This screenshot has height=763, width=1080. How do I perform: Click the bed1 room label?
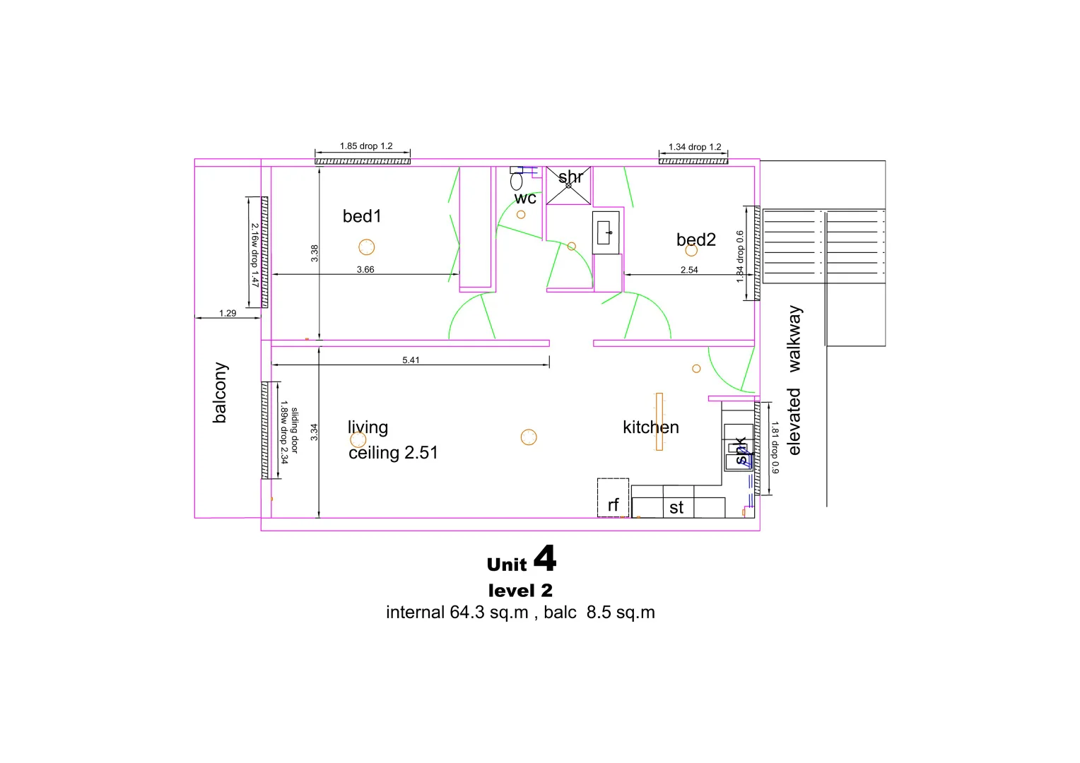(362, 216)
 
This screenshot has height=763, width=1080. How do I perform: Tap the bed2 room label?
(695, 240)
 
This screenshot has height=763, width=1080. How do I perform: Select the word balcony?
(220, 393)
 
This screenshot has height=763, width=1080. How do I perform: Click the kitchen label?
(650, 427)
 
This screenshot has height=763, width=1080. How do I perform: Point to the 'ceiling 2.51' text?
(393, 453)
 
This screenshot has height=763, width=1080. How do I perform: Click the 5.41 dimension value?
(411, 360)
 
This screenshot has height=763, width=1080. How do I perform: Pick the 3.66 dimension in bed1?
(365, 270)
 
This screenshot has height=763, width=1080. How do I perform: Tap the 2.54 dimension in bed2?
(689, 270)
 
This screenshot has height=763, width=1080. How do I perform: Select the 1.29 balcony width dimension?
(228, 314)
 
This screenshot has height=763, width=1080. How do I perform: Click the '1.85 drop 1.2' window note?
(366, 146)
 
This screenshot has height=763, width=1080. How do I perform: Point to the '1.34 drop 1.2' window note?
(695, 147)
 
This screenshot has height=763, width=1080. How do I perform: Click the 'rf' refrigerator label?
(613, 505)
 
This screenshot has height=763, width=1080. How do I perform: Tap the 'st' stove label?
(676, 508)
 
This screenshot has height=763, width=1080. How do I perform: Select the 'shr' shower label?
(570, 177)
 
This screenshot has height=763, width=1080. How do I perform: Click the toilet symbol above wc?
(517, 181)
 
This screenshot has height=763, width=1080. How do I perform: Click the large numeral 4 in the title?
(545, 558)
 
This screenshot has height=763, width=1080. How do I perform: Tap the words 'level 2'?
(520, 591)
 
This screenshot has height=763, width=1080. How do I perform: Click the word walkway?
(795, 339)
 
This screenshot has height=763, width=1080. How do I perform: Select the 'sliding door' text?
(295, 430)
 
